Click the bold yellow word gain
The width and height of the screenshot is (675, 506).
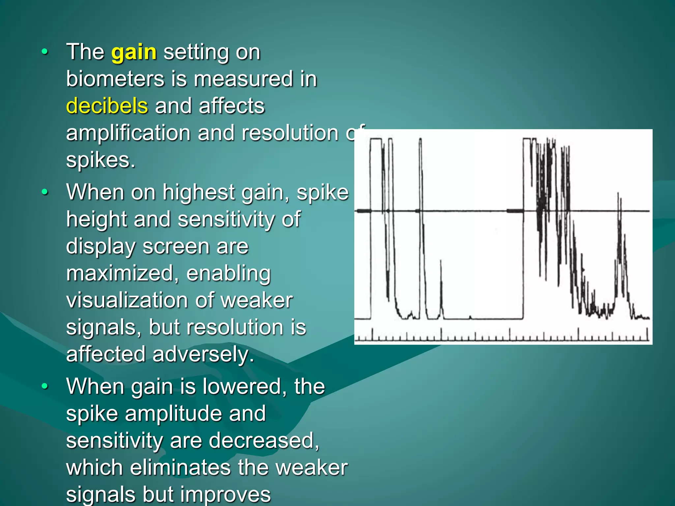pos(134,53)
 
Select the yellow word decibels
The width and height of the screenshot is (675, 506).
pos(107,106)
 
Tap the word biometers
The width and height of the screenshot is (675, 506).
pos(115,79)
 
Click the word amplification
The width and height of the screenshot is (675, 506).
pos(128,133)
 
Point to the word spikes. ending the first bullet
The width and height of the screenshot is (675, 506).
pos(101,160)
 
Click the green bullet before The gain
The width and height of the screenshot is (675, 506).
pos(45,52)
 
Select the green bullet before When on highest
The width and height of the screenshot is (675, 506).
pos(45,192)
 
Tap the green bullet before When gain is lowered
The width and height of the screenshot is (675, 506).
pos(45,386)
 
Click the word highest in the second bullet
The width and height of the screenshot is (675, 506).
pos(198,193)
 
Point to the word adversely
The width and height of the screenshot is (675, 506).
pos(203,354)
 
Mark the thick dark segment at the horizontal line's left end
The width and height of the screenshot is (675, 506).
pos(364,211)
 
